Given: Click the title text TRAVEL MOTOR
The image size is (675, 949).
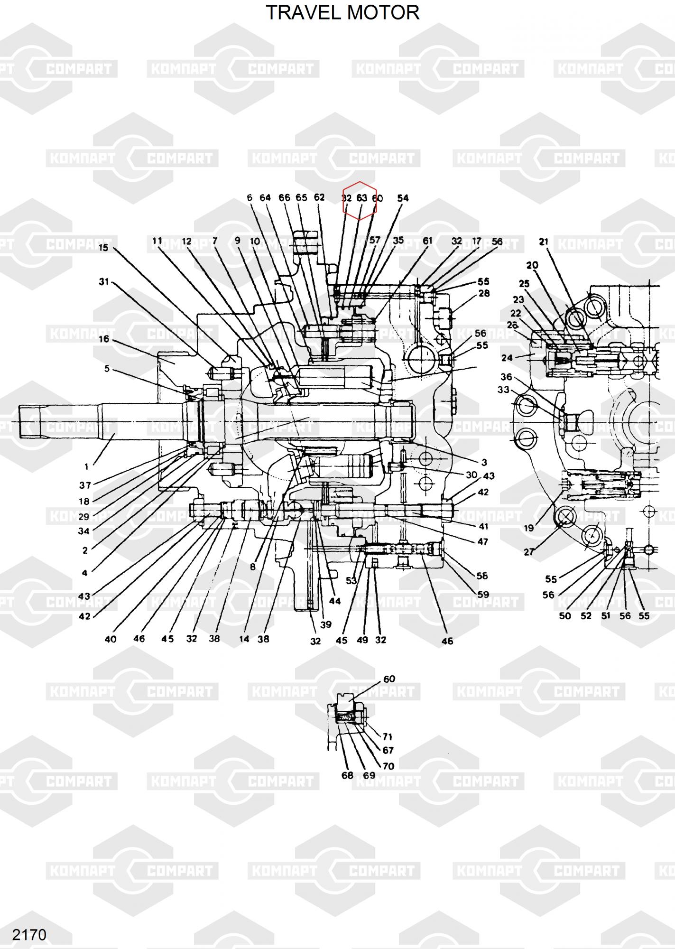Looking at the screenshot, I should pos(342,13).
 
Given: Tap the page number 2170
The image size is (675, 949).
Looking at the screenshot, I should pos(29,935).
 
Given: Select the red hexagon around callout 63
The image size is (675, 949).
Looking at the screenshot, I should pos(360,200).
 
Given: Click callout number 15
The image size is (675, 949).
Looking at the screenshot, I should pos(103,248).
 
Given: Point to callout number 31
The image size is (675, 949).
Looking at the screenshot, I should pos(104,282).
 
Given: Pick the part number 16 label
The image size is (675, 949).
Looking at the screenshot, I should pos(104,339).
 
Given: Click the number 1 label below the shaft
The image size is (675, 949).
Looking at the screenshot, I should pos(86,466).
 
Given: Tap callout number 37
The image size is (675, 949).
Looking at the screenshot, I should pos(85,485).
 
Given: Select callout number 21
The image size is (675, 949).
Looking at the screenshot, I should pos(544,242).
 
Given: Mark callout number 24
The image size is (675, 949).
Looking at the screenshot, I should pos(507,358).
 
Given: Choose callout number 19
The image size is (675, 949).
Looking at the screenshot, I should pos(528,528).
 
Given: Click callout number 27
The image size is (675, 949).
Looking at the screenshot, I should pos(528,552).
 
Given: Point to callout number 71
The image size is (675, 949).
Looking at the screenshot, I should pos(388,737).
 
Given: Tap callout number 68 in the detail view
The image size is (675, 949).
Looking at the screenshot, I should pos(347,775).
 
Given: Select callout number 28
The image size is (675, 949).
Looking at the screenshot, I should pos(484,294).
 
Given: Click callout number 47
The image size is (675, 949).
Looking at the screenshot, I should pos(482,541).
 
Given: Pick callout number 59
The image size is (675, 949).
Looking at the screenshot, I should pos(483,594).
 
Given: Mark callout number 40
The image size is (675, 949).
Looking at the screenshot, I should pos(110,639).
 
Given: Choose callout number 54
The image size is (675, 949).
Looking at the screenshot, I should pos(403,198).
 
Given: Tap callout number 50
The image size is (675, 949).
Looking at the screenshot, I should pos(565,616).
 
